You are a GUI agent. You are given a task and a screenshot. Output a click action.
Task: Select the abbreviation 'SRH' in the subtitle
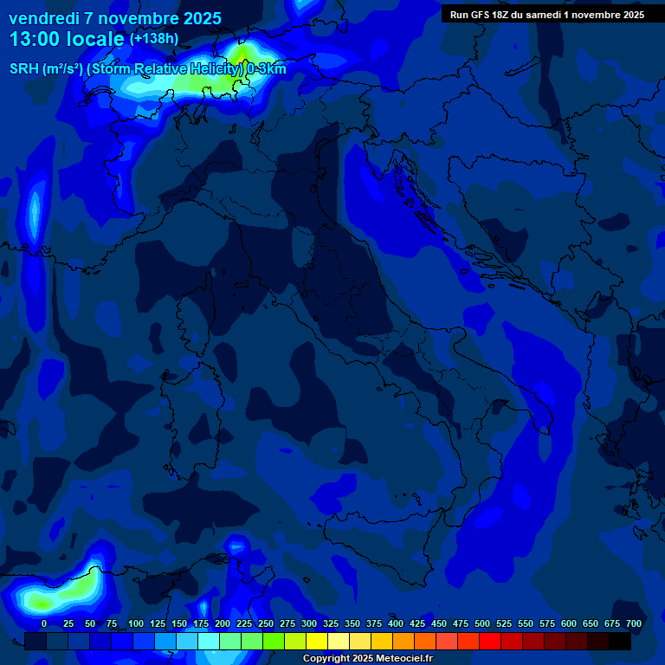point(24,69)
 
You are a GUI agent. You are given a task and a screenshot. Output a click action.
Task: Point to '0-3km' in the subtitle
point(266,69)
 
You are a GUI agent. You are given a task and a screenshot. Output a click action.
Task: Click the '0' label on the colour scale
point(44,623)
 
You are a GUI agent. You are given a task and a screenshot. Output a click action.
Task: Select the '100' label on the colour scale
point(136,623)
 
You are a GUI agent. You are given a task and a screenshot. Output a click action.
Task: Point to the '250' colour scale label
point(266,623)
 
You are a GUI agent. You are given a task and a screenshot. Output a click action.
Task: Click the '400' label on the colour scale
point(396,623)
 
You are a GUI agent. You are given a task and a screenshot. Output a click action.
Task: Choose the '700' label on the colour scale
point(634,623)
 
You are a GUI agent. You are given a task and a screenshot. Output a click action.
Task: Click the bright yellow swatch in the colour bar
point(317,641)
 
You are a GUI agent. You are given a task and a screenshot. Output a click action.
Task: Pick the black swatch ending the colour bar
point(620,641)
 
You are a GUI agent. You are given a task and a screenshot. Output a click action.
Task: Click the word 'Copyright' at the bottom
point(327,659)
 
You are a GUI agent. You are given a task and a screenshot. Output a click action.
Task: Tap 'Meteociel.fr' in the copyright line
point(402,659)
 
